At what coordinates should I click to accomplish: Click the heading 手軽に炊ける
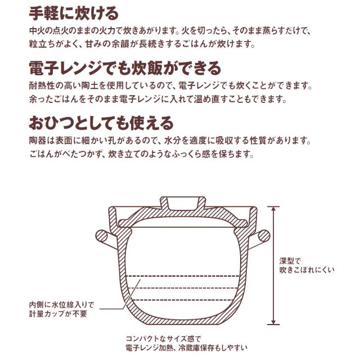[x=74, y=13]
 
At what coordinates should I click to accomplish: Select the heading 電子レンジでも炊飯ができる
[x=125, y=68]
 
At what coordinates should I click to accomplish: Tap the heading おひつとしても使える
[x=101, y=123]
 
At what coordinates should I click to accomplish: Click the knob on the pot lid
[x=183, y=203]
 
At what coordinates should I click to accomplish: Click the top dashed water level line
[x=183, y=276]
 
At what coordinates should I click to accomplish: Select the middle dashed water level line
[x=183, y=288]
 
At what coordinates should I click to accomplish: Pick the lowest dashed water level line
[x=183, y=300]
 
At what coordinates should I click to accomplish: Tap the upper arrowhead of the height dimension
[x=273, y=209]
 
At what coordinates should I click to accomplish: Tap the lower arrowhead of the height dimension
[x=273, y=322]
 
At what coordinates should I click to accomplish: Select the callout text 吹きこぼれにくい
[x=307, y=270]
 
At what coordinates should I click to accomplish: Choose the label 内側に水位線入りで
[x=61, y=305]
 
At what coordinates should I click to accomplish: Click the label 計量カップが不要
[x=58, y=314]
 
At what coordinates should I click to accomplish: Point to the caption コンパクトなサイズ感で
[x=164, y=339]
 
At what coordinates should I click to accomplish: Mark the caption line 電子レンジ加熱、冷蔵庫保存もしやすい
[x=187, y=348]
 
